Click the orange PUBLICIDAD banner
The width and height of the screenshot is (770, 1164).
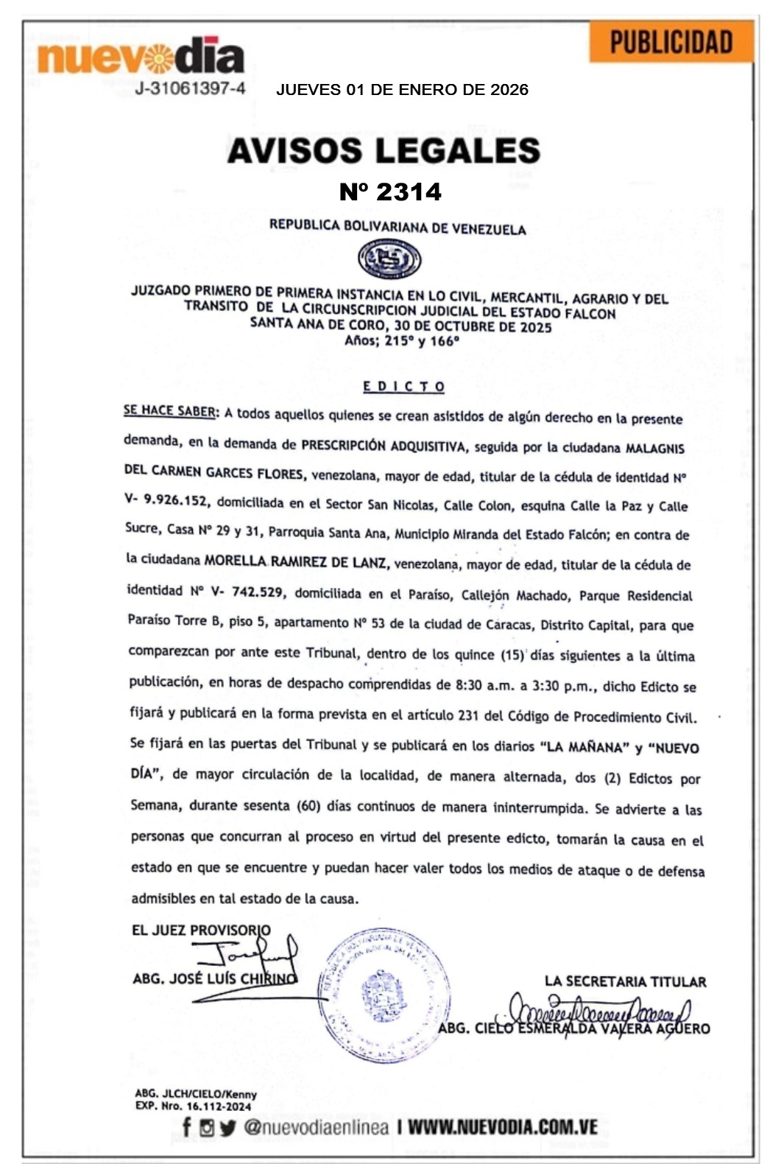pos(671,42)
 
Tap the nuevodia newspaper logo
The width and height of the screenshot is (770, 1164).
pos(141,57)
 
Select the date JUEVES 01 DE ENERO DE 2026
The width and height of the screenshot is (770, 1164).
pos(402,90)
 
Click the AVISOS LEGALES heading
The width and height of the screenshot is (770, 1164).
pos(384,150)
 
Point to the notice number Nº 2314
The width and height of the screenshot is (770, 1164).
pos(390,192)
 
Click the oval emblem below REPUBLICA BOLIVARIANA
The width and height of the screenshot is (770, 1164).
pos(389,259)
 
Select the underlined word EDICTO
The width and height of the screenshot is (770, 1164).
pos(404,386)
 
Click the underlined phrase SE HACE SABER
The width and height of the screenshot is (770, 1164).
pos(170,411)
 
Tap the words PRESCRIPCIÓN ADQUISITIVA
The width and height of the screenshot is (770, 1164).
pos(384,446)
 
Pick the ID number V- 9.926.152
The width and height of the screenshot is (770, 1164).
pos(166,500)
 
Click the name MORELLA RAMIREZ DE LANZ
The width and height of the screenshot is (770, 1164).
pos(295,561)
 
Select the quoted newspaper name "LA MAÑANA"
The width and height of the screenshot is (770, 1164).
pos(585,747)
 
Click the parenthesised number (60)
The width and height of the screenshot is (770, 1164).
pos(308,805)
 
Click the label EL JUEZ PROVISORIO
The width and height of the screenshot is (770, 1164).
pos(201,930)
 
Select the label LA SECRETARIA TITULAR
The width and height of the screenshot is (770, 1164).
pos(625,981)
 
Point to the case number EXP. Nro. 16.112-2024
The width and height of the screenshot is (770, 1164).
pos(193,1106)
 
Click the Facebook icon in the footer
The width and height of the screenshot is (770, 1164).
pos(187,1126)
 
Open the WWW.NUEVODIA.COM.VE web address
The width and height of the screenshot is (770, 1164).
pos(502,1126)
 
